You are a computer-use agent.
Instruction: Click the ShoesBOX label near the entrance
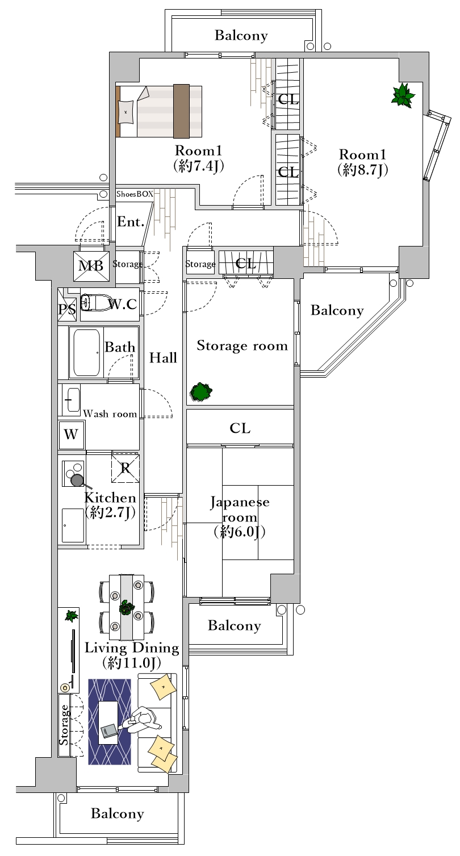(x=135, y=194)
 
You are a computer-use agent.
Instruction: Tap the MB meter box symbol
(x=91, y=266)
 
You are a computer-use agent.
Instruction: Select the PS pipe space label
(x=67, y=309)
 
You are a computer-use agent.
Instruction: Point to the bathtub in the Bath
(x=87, y=353)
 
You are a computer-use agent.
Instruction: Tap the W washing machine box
(x=71, y=435)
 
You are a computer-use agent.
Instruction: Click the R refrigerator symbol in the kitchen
(x=126, y=468)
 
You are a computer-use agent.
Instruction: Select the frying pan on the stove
(x=79, y=481)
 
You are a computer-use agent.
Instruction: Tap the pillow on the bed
(x=126, y=112)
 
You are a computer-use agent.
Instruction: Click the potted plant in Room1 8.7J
(x=402, y=95)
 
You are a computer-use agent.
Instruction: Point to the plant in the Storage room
(x=201, y=392)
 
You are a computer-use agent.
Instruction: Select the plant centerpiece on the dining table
(x=127, y=607)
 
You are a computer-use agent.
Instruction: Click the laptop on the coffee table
(x=109, y=730)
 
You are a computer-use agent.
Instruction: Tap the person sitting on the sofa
(x=143, y=720)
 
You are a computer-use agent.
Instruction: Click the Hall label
(x=163, y=358)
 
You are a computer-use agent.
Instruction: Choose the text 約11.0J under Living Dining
(x=131, y=664)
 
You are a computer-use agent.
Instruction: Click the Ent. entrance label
(x=131, y=222)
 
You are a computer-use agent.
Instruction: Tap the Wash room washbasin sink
(x=72, y=400)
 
